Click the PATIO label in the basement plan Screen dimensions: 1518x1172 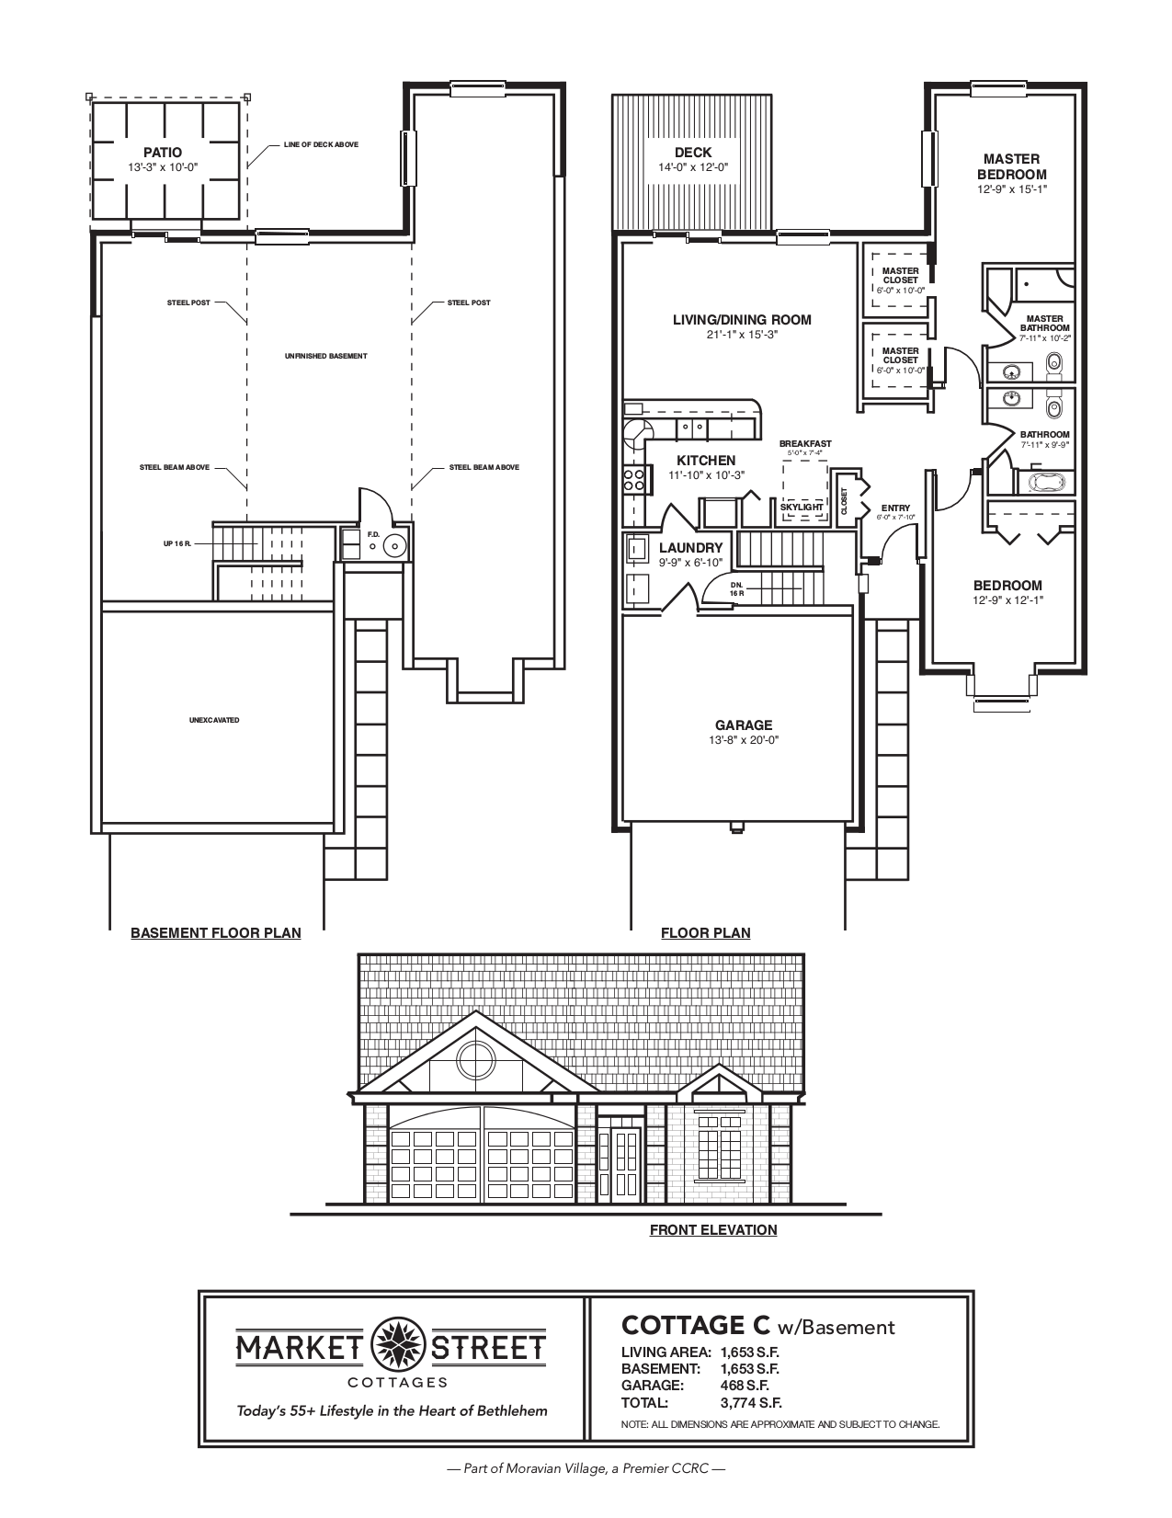coord(163,153)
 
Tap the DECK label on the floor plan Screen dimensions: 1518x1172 coord(692,153)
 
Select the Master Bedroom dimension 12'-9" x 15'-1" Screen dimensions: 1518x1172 coord(1011,189)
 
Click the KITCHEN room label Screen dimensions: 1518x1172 coord(706,461)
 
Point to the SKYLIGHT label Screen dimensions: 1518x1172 coord(802,507)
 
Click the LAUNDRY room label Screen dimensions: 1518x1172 coord(691,547)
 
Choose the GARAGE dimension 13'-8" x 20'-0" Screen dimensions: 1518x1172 coord(744,739)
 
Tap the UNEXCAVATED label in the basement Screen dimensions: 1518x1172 coord(214,720)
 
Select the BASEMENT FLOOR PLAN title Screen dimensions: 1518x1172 coord(216,932)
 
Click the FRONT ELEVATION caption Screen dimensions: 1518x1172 coord(713,1229)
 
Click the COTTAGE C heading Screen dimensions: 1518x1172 coord(697,1325)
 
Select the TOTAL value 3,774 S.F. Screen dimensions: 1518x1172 coord(751,1403)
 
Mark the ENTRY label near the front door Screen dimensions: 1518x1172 coord(895,508)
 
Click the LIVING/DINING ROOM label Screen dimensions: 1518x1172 coord(742,320)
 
